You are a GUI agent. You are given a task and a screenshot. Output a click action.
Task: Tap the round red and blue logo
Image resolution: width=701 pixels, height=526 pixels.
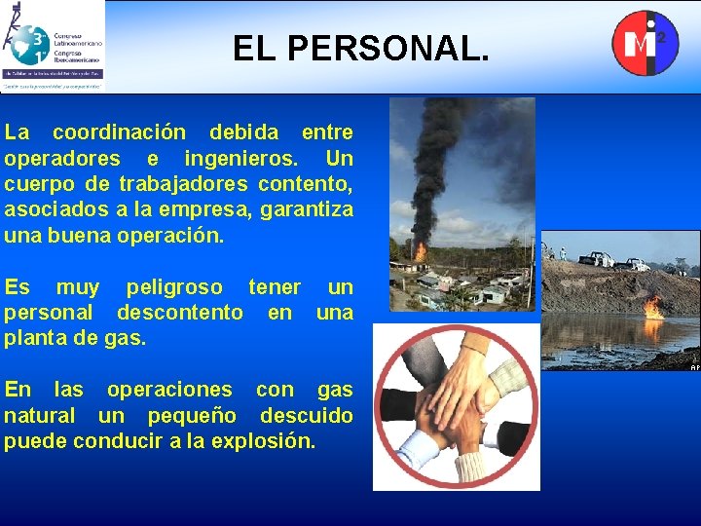pos(644,43)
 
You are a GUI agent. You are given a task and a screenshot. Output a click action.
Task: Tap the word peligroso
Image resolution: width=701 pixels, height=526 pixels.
pos(174,287)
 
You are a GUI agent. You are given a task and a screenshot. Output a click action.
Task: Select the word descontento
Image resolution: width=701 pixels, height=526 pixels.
pos(180,313)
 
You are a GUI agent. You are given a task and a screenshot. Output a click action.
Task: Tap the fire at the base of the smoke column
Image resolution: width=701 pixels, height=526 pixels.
pos(421,250)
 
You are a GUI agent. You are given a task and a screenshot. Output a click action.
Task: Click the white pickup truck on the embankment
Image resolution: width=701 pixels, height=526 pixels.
pos(596,259)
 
